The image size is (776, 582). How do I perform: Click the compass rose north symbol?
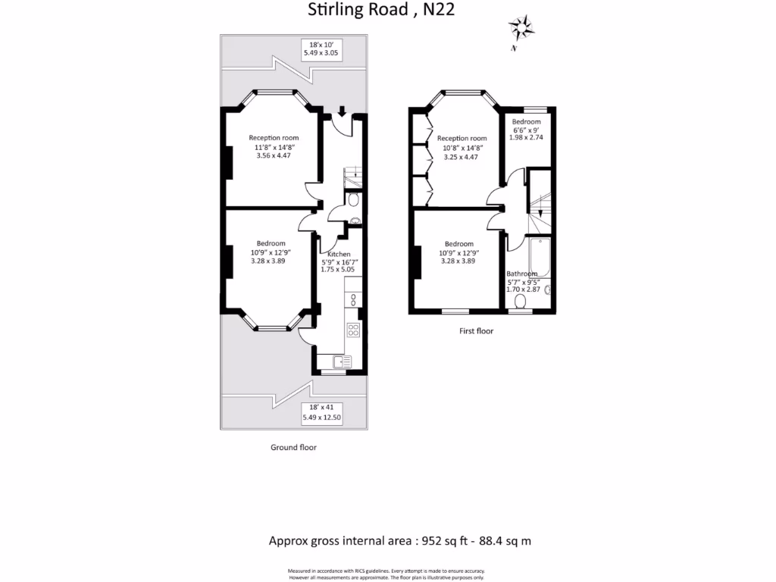(521, 30)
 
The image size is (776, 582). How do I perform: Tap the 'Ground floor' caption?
(293, 447)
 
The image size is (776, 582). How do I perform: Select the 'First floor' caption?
(477, 330)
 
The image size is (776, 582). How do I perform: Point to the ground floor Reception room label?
(274, 138)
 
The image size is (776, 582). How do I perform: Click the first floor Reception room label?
(462, 139)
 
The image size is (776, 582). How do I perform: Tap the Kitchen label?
(339, 254)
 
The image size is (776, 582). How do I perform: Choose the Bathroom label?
(522, 274)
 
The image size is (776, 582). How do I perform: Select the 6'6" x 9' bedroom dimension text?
(526, 130)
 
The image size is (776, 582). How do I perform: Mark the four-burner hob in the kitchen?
(353, 329)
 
